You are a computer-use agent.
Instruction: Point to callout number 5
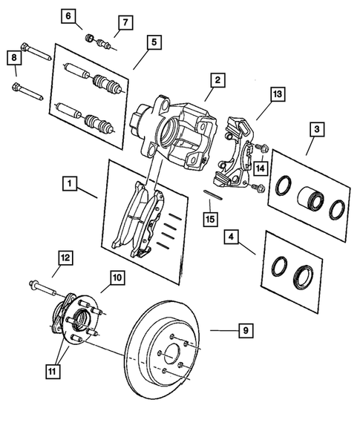pyautogui.click(x=152, y=43)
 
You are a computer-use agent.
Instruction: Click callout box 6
pyautogui.click(x=69, y=16)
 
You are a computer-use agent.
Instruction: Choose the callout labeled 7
pyautogui.click(x=123, y=22)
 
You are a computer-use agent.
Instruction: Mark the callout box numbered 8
pyautogui.click(x=13, y=56)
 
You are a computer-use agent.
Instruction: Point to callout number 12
pyautogui.click(x=66, y=258)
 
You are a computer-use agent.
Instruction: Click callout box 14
pyautogui.click(x=261, y=168)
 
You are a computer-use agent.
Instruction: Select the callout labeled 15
pyautogui.click(x=212, y=220)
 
